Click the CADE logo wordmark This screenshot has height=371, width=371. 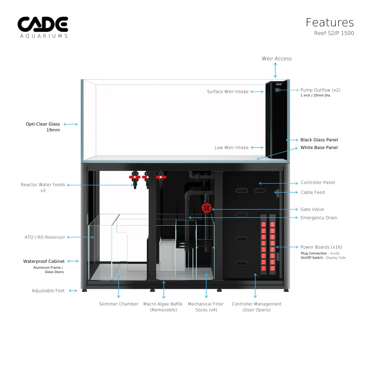(x=43, y=24)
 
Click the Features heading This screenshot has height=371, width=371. (x=330, y=23)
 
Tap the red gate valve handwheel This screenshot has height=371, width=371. (x=207, y=208)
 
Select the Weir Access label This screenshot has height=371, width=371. (x=276, y=59)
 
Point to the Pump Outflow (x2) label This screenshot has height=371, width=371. (x=320, y=90)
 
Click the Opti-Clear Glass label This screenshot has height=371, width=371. (x=43, y=124)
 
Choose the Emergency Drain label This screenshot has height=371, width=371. (x=318, y=218)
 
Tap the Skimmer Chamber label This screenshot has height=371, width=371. (x=118, y=304)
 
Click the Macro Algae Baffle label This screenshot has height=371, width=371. (x=163, y=304)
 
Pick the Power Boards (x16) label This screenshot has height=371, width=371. (x=321, y=247)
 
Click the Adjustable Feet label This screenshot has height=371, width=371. (x=48, y=291)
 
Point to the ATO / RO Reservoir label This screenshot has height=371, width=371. (x=45, y=237)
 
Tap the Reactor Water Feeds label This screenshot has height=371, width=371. (x=43, y=185)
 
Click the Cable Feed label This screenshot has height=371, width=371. (x=313, y=193)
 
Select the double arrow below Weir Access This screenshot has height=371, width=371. (x=275, y=70)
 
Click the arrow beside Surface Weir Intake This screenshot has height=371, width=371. (x=257, y=92)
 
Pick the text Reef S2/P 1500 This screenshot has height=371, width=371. (x=334, y=33)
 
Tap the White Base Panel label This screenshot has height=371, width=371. (x=319, y=148)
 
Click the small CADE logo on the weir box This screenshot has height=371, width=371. (x=279, y=84)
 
